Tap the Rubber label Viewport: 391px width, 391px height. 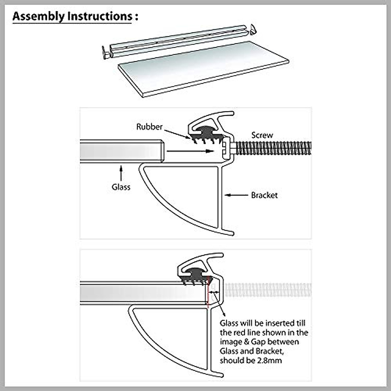pos(149,127)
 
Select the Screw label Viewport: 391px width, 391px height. pos(262,135)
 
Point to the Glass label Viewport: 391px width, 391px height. pos(121,187)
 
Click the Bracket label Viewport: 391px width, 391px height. pos(264,195)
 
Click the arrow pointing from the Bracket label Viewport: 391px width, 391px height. pos(236,195)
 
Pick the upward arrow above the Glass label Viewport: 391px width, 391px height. pos(121,173)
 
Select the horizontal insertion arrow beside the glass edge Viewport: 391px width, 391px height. pos(190,151)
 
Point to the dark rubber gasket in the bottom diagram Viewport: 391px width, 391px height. pos(196,276)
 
